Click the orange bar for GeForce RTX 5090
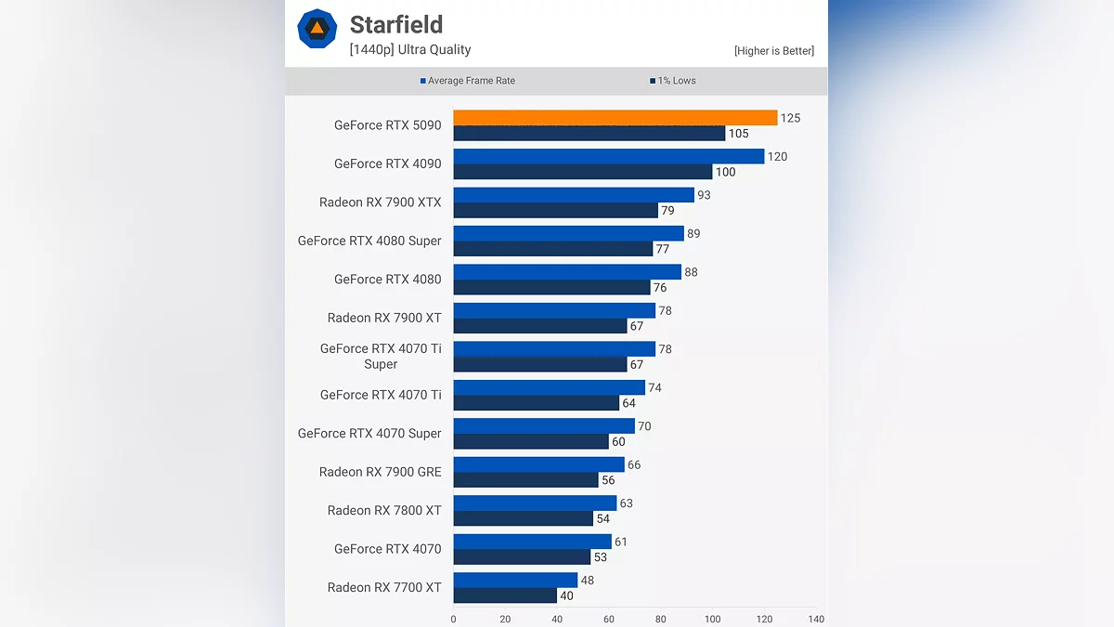[615, 118]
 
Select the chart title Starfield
[396, 24]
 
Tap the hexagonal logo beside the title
[317, 29]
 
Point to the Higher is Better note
[773, 51]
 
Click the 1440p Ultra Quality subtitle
[410, 50]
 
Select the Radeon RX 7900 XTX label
[380, 202]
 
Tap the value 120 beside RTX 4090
[777, 157]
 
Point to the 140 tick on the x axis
[816, 619]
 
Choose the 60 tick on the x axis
[609, 619]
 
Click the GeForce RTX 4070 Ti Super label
[381, 357]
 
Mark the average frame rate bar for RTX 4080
[567, 272]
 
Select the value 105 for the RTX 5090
[738, 134]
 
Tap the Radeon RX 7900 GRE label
[380, 472]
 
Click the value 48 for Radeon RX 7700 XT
[587, 581]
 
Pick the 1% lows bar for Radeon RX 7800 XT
[523, 518]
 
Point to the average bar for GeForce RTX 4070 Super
[544, 426]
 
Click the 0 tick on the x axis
[453, 619]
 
